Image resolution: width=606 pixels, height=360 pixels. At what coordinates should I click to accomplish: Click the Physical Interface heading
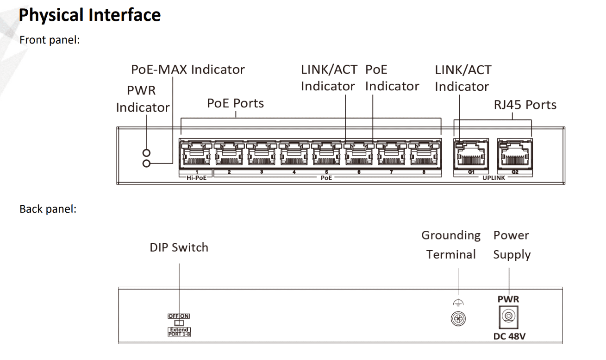pos(90,15)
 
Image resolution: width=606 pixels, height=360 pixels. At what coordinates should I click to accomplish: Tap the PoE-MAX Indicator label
pos(187,69)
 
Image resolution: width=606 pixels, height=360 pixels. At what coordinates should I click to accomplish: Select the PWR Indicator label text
pos(143,99)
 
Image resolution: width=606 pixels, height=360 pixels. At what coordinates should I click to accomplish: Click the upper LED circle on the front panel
pos(147,153)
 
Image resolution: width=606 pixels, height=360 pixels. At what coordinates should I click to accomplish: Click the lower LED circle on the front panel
pos(147,163)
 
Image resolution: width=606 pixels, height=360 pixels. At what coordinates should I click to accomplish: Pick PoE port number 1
pos(196,154)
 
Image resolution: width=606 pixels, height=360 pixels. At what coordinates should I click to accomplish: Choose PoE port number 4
pos(294,154)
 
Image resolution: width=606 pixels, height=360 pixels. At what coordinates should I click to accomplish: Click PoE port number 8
pos(423,154)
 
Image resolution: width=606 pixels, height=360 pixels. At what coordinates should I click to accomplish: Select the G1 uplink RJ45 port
pos(471,154)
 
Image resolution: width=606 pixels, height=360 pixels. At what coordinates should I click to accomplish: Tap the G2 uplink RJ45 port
pos(515,154)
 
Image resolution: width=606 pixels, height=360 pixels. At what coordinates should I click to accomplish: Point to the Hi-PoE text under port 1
pos(196,177)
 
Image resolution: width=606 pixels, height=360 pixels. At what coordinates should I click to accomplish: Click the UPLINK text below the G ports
pos(494,177)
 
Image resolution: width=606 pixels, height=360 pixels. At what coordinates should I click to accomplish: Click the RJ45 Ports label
pos(525,105)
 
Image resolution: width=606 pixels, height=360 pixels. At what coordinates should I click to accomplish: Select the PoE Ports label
pos(235,103)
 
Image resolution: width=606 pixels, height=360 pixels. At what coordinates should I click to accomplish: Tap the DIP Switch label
pos(179,247)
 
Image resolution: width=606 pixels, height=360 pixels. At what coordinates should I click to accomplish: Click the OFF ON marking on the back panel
pos(179,316)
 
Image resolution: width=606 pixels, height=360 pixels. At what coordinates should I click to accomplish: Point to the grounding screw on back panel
pos(458,319)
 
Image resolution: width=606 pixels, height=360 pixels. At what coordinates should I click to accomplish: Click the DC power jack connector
pos(508,317)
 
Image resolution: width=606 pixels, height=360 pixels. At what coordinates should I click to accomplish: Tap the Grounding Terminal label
pos(451,245)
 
